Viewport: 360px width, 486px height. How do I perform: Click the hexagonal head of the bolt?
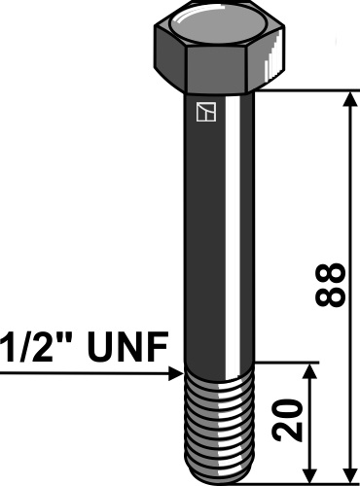click(223, 53)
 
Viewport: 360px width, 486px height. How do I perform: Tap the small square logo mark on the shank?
click(202, 115)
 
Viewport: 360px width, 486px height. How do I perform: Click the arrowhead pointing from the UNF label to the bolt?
click(174, 371)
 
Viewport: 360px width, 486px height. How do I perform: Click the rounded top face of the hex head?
click(223, 21)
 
